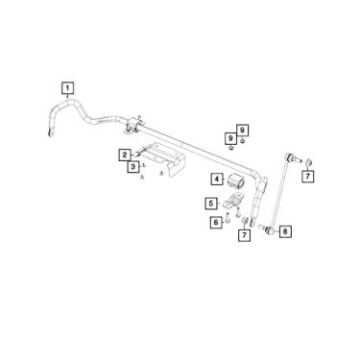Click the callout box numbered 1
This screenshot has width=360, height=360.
coord(67,88)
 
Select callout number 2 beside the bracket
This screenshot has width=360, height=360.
coord(126,155)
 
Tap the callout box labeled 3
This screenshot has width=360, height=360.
coord(132,168)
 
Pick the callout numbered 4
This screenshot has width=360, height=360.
coord(218,179)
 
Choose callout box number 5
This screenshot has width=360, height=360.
coord(210,204)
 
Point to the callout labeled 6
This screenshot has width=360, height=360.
coord(216,223)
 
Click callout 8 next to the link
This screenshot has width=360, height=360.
coord(286,231)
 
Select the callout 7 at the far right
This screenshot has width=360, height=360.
coord(308,176)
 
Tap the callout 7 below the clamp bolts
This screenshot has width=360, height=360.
coord(245,234)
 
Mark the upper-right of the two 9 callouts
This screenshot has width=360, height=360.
coord(243,130)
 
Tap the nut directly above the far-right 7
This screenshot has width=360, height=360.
coord(307,161)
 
